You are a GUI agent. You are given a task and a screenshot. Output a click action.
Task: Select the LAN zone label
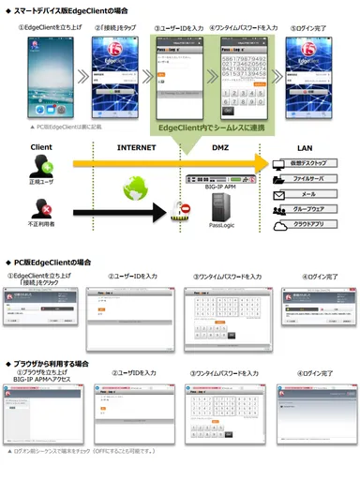click(x=304, y=147)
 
